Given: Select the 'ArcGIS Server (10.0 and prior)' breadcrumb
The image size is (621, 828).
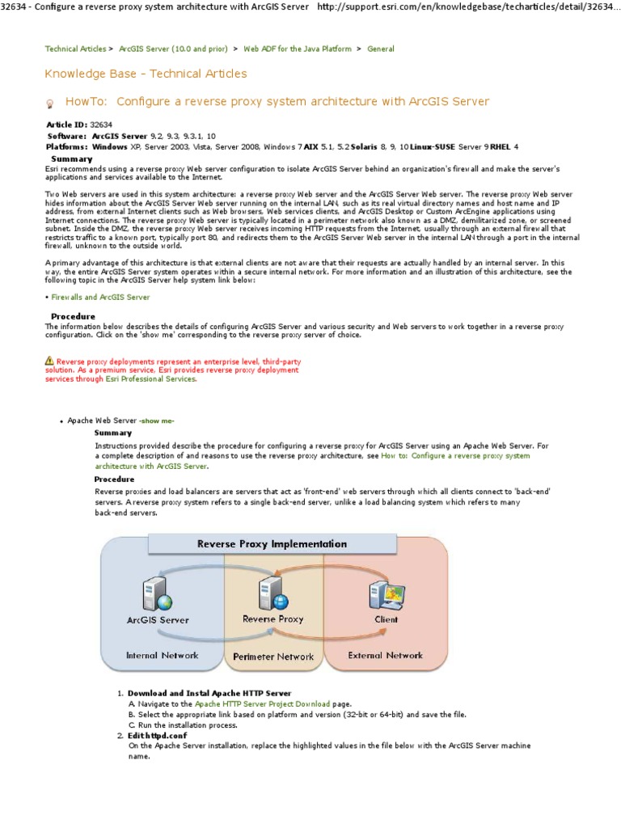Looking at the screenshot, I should pos(173,49).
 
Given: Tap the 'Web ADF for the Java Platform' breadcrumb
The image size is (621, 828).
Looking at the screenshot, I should pos(298,49).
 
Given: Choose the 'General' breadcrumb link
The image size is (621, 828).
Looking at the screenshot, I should pos(381,49).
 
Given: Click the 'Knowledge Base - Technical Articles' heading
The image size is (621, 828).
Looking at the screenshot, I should pos(146,74).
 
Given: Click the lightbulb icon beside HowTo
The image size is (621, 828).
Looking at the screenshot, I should pos(50,103).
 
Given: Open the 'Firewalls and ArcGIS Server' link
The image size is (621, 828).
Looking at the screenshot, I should pos(100,298).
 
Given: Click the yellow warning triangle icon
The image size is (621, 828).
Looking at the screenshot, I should pos(49,361).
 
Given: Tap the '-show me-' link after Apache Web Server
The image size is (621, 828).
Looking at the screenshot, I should pos(156,421).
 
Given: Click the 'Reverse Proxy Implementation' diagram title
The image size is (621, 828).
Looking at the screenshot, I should pos(272,544).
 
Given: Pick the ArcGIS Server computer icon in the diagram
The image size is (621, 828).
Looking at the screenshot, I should pos(154,595).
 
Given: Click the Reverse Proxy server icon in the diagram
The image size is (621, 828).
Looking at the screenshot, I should pos(271,594).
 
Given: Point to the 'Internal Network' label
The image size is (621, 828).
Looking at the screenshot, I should pos(162,655).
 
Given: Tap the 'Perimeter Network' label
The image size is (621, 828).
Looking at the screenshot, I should pos(273,657).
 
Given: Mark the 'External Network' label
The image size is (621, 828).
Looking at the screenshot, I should pos(385,655).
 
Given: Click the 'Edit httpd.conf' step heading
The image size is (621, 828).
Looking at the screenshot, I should pos(158,736).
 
